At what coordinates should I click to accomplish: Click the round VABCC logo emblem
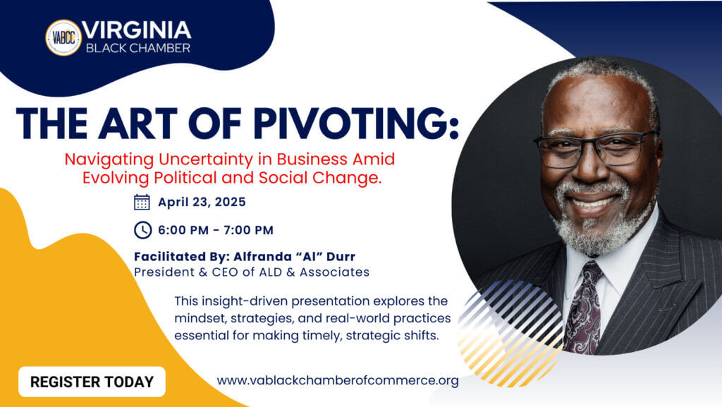63,38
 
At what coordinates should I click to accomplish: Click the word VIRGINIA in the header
136,30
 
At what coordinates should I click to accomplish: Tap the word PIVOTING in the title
356,123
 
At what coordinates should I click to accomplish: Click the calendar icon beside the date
142,202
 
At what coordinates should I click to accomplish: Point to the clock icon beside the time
142,230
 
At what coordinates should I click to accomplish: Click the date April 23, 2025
202,202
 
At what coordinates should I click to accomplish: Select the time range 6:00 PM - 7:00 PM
216,230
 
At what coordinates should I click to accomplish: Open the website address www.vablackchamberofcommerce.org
338,381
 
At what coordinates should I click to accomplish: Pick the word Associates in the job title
334,272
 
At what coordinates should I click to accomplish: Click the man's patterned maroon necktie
584,308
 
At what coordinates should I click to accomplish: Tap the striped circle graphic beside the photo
510,332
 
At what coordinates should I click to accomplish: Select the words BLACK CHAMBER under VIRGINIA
138,48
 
